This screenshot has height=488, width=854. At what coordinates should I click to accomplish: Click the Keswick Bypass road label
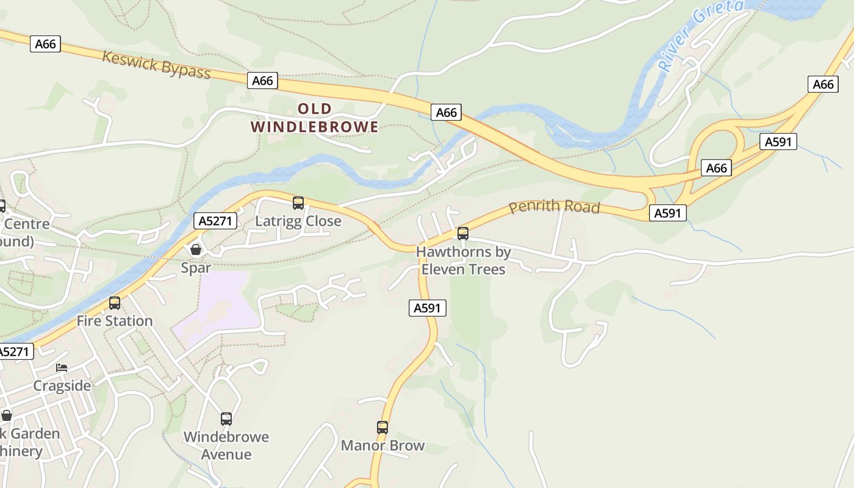click(x=156, y=65)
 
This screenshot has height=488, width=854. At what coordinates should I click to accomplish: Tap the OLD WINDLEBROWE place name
click(x=315, y=118)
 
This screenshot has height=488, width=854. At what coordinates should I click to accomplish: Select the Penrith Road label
click(x=554, y=207)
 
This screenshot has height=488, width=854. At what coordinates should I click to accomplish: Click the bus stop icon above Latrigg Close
click(x=298, y=203)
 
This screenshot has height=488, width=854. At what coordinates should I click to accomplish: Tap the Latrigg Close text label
click(x=298, y=221)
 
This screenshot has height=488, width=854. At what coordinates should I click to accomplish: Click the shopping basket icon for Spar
click(x=196, y=249)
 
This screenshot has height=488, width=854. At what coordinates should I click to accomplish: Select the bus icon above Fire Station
click(x=115, y=303)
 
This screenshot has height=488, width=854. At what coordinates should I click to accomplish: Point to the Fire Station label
click(x=115, y=321)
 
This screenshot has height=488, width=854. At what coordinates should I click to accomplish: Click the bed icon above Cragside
click(x=62, y=368)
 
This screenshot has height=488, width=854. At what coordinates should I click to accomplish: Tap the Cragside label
click(x=62, y=386)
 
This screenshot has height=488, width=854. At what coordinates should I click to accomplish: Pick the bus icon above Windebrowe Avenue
click(x=226, y=419)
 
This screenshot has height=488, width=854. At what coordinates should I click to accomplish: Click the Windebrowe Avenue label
click(x=226, y=445)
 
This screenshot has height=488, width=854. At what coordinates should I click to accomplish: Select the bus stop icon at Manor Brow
click(x=382, y=428)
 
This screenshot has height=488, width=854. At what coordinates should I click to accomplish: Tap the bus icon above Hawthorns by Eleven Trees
click(x=463, y=234)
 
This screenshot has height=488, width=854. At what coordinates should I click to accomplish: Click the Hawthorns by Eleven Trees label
click(x=464, y=260)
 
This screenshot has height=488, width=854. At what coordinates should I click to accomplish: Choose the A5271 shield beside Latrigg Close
click(x=215, y=221)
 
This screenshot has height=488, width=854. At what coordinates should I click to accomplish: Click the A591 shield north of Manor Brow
click(x=427, y=308)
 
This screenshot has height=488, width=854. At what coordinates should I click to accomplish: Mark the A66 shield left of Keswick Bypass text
click(x=46, y=44)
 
